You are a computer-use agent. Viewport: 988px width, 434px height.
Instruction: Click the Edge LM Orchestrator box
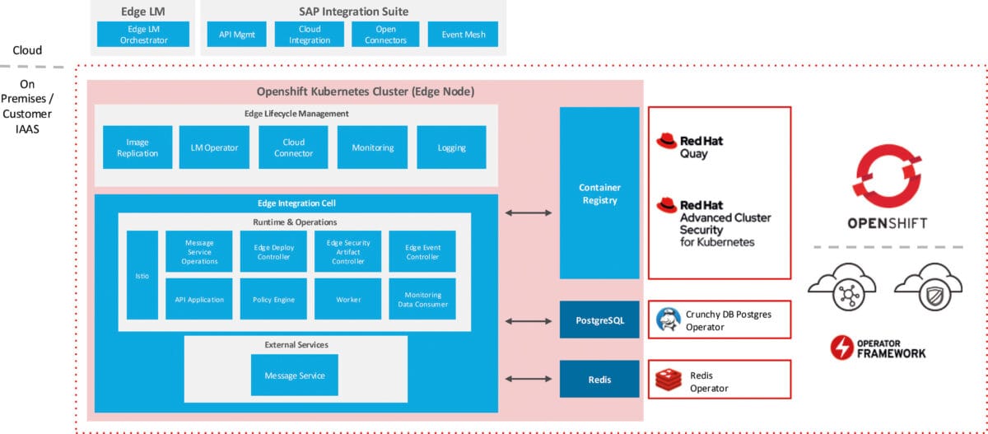[x=143, y=34]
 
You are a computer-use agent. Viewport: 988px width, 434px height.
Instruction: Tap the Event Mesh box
[x=463, y=34]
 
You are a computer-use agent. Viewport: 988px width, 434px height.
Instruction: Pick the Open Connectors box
[x=385, y=34]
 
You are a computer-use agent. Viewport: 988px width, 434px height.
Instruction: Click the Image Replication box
[x=137, y=147]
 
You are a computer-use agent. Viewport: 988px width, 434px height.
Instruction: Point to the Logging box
[x=451, y=147]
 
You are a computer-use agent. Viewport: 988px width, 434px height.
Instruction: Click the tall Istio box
[x=142, y=275]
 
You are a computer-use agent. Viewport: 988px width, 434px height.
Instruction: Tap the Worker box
[x=348, y=299]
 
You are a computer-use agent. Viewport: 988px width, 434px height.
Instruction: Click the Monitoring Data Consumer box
[x=422, y=299]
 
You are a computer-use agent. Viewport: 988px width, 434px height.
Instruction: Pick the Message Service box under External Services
[x=295, y=376]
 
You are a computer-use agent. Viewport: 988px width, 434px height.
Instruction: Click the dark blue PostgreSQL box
[x=599, y=320]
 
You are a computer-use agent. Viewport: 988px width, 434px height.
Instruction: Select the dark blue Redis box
[x=599, y=379]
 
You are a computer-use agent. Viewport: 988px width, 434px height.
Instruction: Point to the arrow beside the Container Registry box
[x=529, y=213]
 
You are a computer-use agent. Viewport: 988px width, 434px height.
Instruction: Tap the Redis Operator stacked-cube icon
[x=667, y=380]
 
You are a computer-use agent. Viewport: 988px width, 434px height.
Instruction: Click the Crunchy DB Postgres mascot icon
[x=667, y=320]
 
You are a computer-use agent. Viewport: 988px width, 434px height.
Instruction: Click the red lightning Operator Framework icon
[x=841, y=347]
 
